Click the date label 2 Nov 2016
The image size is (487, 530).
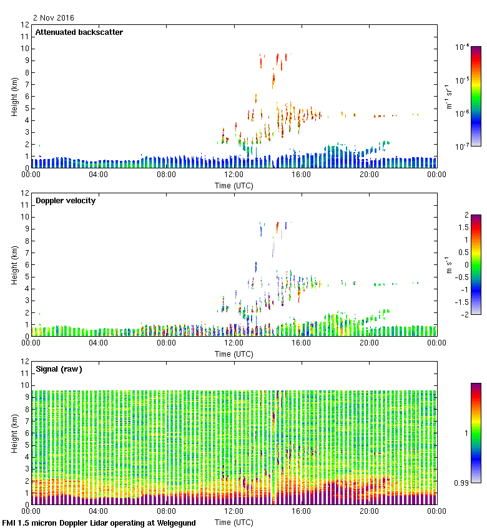53,18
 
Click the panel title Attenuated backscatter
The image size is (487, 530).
79,32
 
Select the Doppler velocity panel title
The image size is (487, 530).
66,201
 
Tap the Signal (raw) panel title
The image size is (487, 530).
59,369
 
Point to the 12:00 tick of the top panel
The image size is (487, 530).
234,175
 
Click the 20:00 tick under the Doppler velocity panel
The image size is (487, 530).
369,343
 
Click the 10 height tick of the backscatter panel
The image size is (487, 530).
25,49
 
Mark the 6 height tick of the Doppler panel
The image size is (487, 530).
26,264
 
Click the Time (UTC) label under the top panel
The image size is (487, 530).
234,185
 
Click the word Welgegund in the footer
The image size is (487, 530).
174,523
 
